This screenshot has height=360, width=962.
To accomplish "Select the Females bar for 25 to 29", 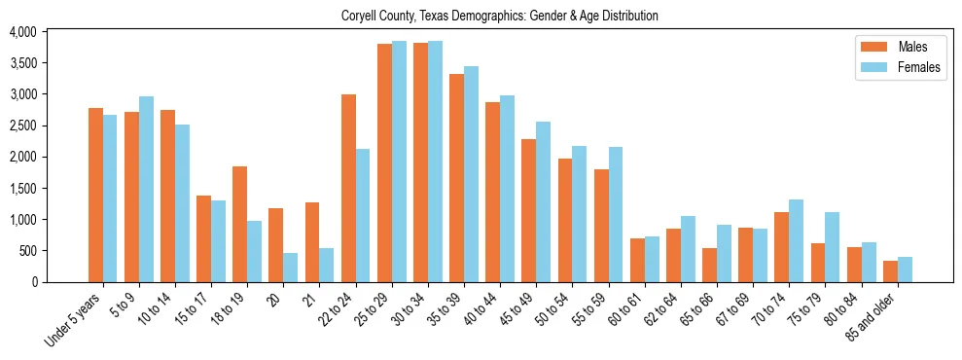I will [399, 162].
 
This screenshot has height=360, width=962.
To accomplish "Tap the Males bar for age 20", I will [276, 245].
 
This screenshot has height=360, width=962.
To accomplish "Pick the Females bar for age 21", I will [327, 265].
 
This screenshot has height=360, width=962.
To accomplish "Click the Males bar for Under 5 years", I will [95, 195].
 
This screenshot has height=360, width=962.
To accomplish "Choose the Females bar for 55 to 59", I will [616, 214].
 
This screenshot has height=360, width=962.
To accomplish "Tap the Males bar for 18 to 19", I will [240, 224].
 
